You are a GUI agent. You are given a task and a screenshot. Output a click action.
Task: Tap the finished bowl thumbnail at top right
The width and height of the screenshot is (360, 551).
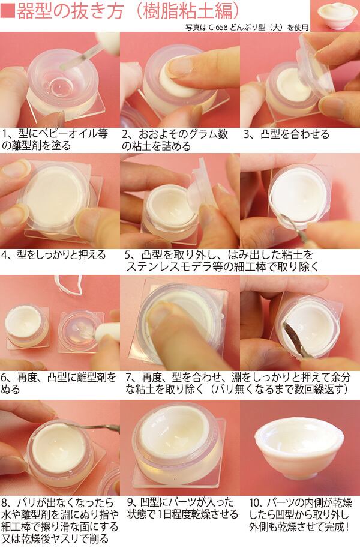[x=335, y=16]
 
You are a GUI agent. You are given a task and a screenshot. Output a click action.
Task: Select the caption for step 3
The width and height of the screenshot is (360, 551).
[x=287, y=134]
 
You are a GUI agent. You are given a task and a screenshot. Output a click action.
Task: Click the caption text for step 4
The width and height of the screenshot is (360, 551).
[x=53, y=254]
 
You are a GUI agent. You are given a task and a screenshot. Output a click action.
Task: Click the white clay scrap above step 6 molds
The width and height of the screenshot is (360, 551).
[x=69, y=284]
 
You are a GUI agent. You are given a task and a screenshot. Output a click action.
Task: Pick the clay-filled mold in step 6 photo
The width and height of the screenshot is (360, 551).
[x=26, y=325]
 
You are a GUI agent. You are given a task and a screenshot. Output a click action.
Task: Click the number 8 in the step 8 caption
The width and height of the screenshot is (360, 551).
[x=5, y=502]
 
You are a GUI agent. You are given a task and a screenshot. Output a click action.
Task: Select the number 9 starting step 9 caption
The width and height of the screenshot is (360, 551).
[x=130, y=502]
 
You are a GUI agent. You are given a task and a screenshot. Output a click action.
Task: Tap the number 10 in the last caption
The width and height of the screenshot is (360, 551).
[x=254, y=502]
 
